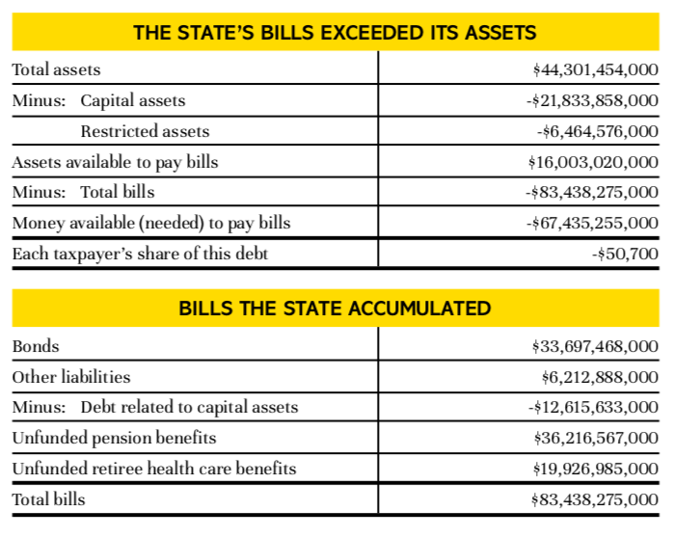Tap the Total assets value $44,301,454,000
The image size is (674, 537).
pos(595,70)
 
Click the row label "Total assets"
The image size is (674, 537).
pos(56,70)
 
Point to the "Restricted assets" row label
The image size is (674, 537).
pos(145,131)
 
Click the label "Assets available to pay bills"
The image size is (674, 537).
pos(115,162)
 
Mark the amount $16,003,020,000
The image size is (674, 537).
pos(595,162)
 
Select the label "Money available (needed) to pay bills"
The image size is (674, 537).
pos(150,224)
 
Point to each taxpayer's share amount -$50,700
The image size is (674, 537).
pos(625,255)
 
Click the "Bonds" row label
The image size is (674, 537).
pos(35,346)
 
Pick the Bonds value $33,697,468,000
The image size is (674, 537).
pos(595,346)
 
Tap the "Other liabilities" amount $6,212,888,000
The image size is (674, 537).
pos(600,377)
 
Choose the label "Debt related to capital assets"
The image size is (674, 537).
pos(189,408)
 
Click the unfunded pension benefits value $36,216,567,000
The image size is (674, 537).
pos(595,439)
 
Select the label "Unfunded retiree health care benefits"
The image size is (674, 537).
pos(153,470)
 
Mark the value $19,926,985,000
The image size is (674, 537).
pos(595,470)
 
